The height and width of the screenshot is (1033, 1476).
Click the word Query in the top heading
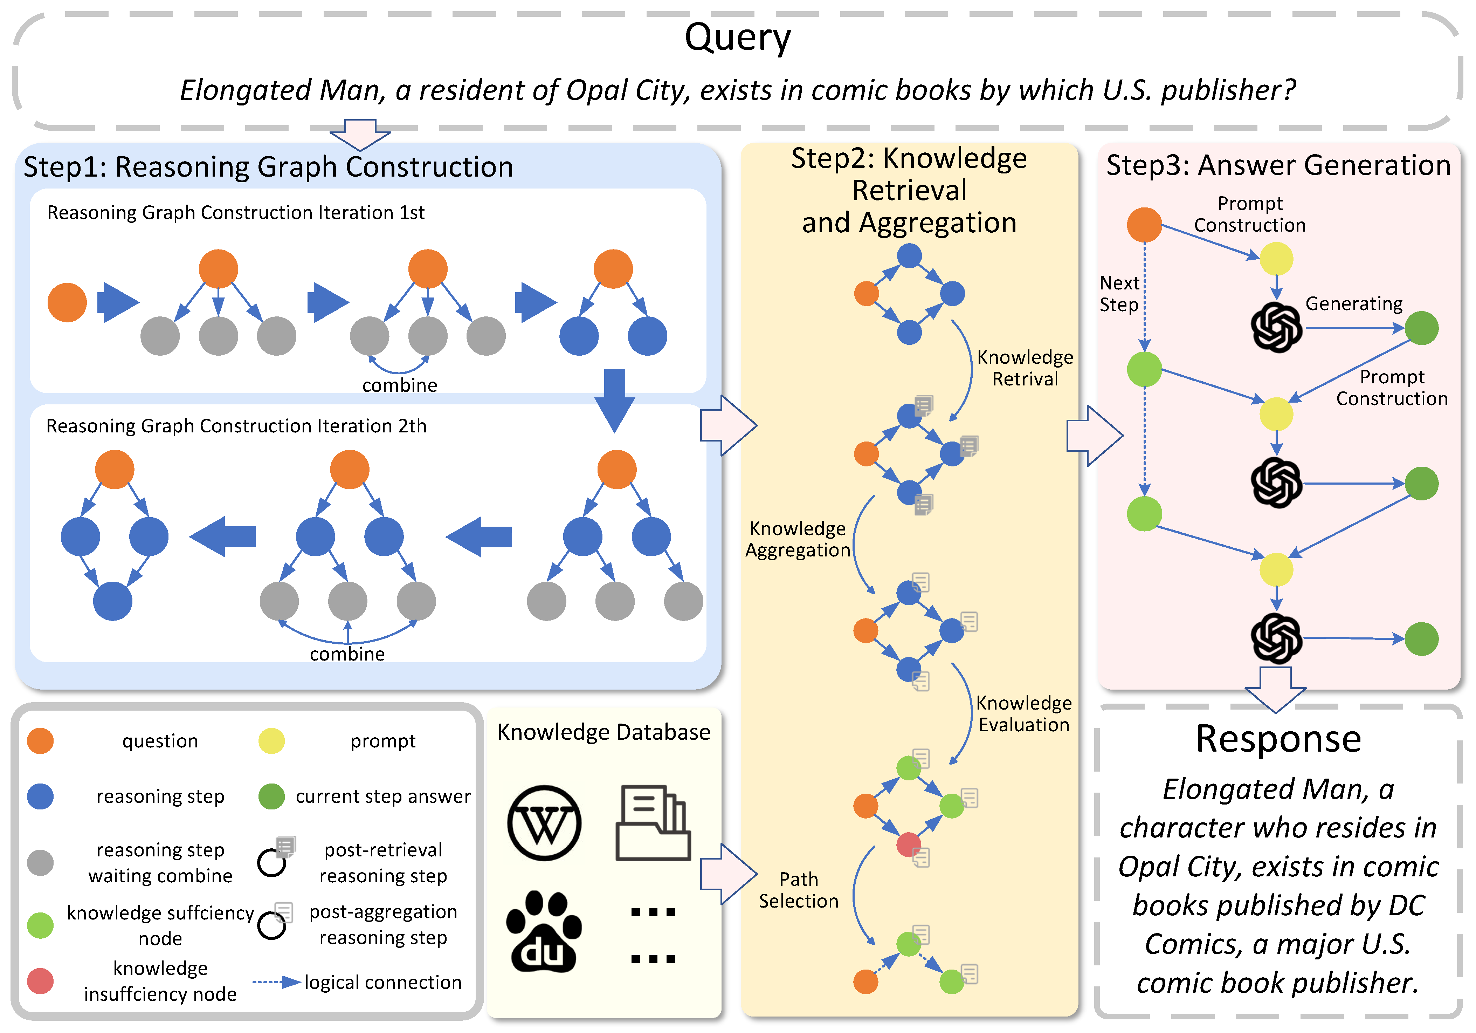(737, 37)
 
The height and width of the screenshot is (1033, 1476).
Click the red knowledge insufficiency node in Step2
(908, 844)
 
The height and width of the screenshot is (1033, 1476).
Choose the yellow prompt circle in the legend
(271, 741)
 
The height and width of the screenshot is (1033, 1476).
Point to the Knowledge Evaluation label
(1023, 713)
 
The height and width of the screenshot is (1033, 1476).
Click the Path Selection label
(799, 890)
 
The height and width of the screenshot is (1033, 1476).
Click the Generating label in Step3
(1354, 303)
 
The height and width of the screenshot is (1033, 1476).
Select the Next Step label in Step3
(1119, 293)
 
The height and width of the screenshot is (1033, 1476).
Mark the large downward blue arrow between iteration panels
(615, 399)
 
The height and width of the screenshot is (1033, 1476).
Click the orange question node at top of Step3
(1144, 225)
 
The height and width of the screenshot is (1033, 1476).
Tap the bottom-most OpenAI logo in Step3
(1276, 638)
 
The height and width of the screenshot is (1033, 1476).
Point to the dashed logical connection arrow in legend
(276, 982)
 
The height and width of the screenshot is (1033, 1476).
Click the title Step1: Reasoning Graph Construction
(268, 166)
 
